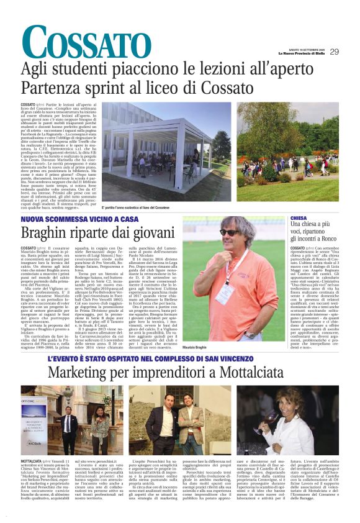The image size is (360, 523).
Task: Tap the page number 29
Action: [334, 52]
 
